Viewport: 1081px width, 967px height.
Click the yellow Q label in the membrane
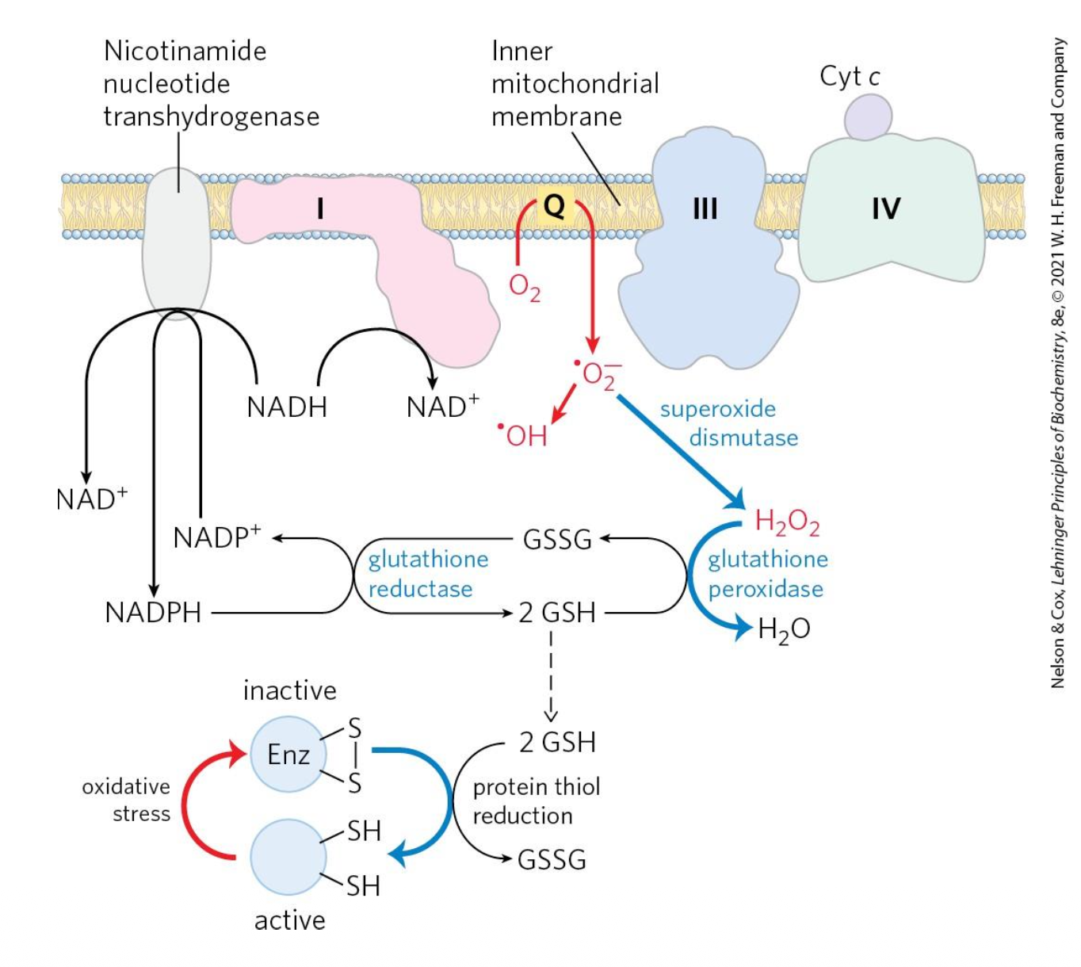coord(555,205)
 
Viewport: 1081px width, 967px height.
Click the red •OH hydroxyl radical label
coord(523,434)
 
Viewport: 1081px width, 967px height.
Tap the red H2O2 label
coord(786,522)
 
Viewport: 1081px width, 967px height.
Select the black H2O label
coord(783,629)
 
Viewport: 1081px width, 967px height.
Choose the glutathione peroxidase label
coord(766,574)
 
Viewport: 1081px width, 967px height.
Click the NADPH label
coord(153,613)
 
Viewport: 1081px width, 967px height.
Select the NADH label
coord(287,407)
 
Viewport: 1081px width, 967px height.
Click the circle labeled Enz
coord(288,755)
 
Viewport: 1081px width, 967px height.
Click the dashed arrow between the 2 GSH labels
coord(551,674)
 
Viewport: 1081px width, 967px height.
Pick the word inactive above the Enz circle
coord(289,690)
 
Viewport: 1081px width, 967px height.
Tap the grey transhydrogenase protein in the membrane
coord(177,238)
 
